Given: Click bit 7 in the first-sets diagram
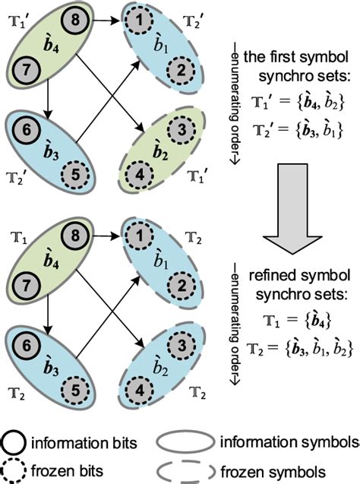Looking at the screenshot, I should (x=26, y=69).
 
